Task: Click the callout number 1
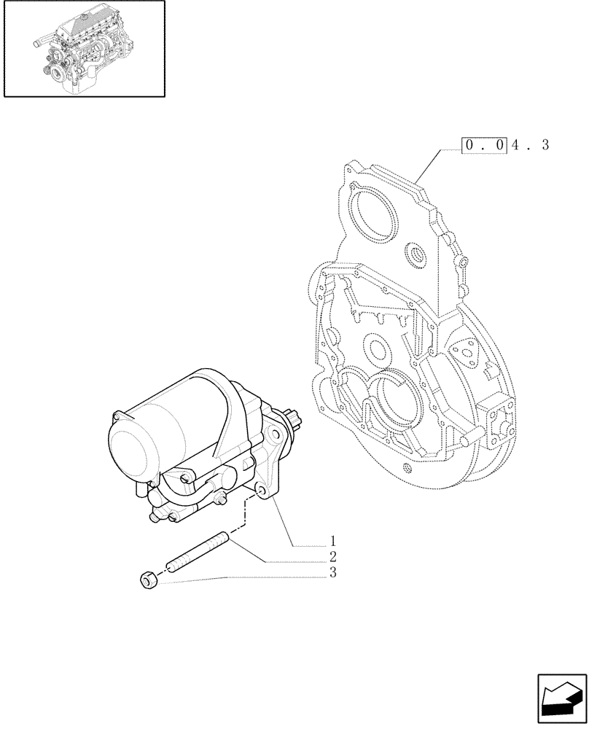point(332,542)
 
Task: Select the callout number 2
point(332,558)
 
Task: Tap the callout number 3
point(332,573)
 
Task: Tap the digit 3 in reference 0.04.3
point(544,145)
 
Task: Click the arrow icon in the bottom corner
point(562,701)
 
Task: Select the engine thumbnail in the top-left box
point(84,49)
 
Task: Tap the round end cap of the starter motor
point(130,448)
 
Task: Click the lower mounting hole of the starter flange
point(260,496)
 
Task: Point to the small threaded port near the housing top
point(420,256)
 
